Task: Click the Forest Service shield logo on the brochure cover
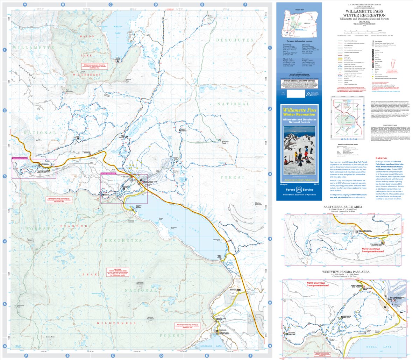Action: [x=298, y=189]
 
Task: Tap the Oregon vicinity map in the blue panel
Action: [x=298, y=21]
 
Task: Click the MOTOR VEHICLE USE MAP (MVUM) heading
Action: [x=298, y=80]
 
